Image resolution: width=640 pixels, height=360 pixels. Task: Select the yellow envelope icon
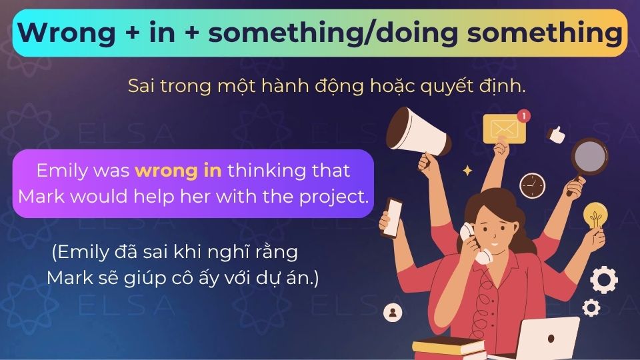(x=504, y=129)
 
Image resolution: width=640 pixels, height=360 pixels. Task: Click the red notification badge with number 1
(x=524, y=116)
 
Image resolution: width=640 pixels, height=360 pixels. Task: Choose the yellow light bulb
(x=594, y=216)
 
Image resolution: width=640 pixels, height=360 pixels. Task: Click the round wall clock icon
(x=532, y=185)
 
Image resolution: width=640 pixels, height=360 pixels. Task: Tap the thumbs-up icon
(x=555, y=133)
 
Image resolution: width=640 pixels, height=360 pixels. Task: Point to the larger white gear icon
(x=604, y=279)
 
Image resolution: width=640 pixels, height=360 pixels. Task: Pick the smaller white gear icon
(x=591, y=307)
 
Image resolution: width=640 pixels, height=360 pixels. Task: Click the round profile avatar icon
(x=393, y=311)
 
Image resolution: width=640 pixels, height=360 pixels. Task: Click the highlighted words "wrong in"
(x=178, y=170)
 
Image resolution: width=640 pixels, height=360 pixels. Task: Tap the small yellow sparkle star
(x=467, y=171)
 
